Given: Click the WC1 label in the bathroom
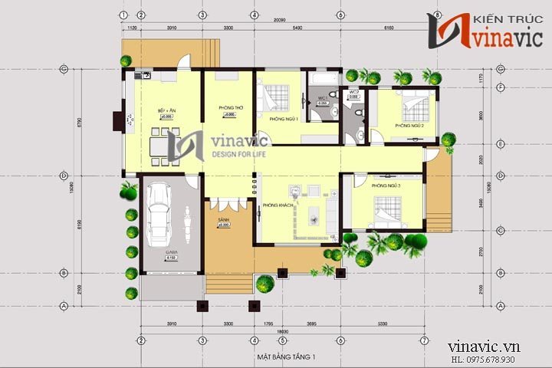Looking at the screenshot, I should [x=323, y=97].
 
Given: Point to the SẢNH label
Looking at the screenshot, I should [x=224, y=219].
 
